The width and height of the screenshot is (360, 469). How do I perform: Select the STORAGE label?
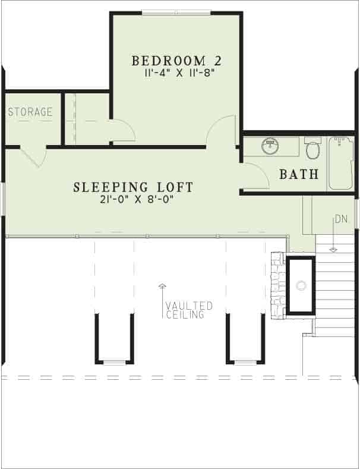30,112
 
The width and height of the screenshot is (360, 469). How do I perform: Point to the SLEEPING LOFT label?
133,187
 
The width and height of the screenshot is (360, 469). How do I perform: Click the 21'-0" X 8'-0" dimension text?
133,200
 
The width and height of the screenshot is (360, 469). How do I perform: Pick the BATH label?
299,175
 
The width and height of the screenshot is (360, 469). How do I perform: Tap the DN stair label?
340,219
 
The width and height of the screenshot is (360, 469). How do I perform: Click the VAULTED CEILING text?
189,310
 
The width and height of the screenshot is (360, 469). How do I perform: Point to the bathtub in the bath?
341,162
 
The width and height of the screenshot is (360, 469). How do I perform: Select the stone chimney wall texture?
277,285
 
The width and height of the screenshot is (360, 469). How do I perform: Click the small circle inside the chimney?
301,286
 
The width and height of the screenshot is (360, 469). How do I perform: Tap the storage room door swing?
34,157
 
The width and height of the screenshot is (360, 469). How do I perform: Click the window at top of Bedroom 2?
176,13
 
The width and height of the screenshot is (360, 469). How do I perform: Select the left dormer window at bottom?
115,362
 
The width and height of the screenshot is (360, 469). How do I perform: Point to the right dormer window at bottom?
245,362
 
